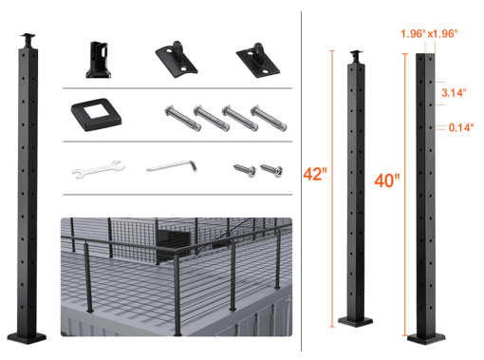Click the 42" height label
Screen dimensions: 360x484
pyautogui.click(x=316, y=175)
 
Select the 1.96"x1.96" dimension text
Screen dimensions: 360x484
pyautogui.click(x=429, y=34)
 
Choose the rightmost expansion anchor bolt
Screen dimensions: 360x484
pyautogui.click(x=270, y=118)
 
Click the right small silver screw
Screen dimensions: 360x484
pyautogui.click(x=271, y=171)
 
